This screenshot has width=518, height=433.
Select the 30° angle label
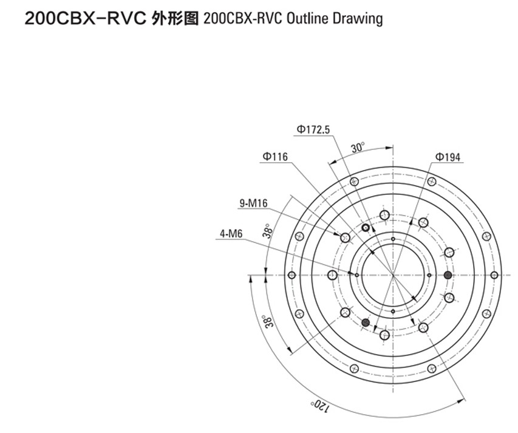[358, 148]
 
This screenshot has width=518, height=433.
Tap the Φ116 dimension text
[275, 157]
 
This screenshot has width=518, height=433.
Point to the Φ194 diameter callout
[448, 158]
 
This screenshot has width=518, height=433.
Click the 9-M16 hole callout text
[253, 204]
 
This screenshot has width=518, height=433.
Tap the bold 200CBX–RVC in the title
[84, 19]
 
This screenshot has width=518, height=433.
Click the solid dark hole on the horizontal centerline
[448, 276]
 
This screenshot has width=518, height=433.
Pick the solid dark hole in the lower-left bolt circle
[366, 322]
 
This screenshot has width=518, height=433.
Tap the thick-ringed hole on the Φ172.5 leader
[366, 228]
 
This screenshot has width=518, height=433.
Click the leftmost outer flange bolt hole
[291, 276]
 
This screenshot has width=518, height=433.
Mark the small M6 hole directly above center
[393, 239]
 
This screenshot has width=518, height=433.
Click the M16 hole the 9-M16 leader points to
[345, 237]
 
